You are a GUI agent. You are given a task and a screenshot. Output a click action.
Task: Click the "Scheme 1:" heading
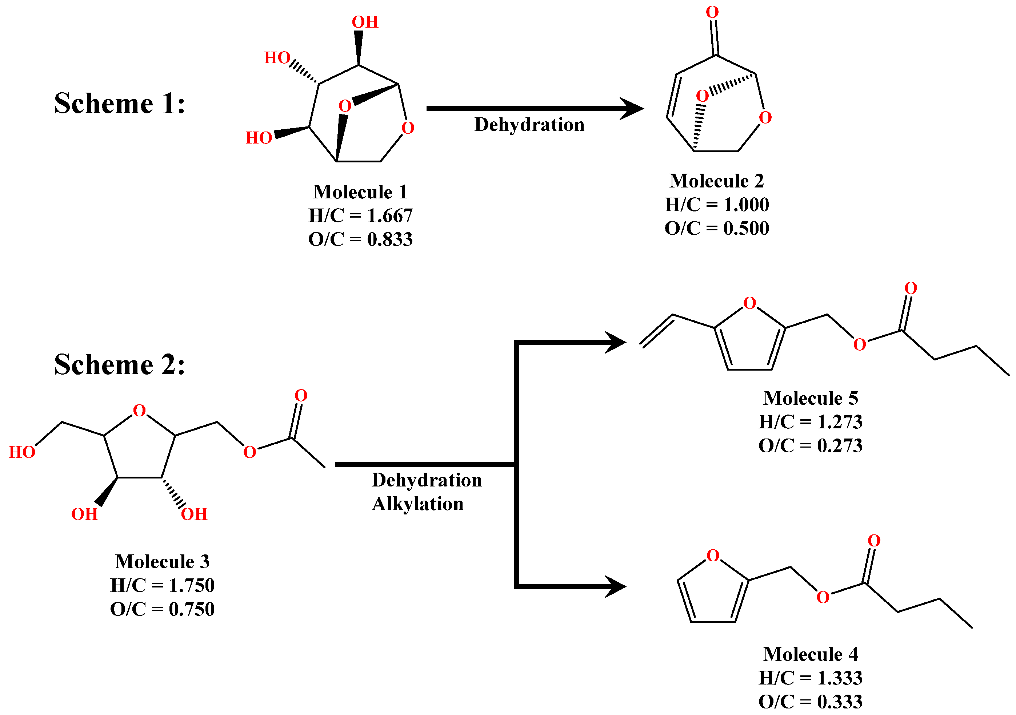tap(120, 104)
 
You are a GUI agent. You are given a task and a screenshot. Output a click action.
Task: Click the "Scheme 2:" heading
tap(120, 365)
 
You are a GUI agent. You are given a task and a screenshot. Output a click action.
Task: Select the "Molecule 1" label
tap(360, 192)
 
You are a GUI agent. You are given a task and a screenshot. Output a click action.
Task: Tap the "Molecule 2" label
tap(717, 181)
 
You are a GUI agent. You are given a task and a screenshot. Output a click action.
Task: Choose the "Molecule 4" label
tap(811, 654)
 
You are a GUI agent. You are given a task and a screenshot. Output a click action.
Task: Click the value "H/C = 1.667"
tap(360, 216)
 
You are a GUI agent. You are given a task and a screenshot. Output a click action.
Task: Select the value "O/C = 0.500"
tap(717, 229)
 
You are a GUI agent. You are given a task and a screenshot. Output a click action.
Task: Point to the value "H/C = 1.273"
tap(811, 422)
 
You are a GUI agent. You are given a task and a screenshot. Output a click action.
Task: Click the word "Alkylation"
tap(418, 504)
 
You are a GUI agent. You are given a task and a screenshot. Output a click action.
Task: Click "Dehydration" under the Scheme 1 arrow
tap(529, 125)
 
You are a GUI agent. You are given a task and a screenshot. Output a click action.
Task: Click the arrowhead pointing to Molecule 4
tap(616, 587)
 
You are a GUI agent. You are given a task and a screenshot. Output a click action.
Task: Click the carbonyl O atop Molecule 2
tap(712, 12)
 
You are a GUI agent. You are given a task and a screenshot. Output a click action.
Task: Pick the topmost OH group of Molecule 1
tap(365, 22)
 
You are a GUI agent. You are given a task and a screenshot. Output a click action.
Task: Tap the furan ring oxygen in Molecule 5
tap(749, 303)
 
